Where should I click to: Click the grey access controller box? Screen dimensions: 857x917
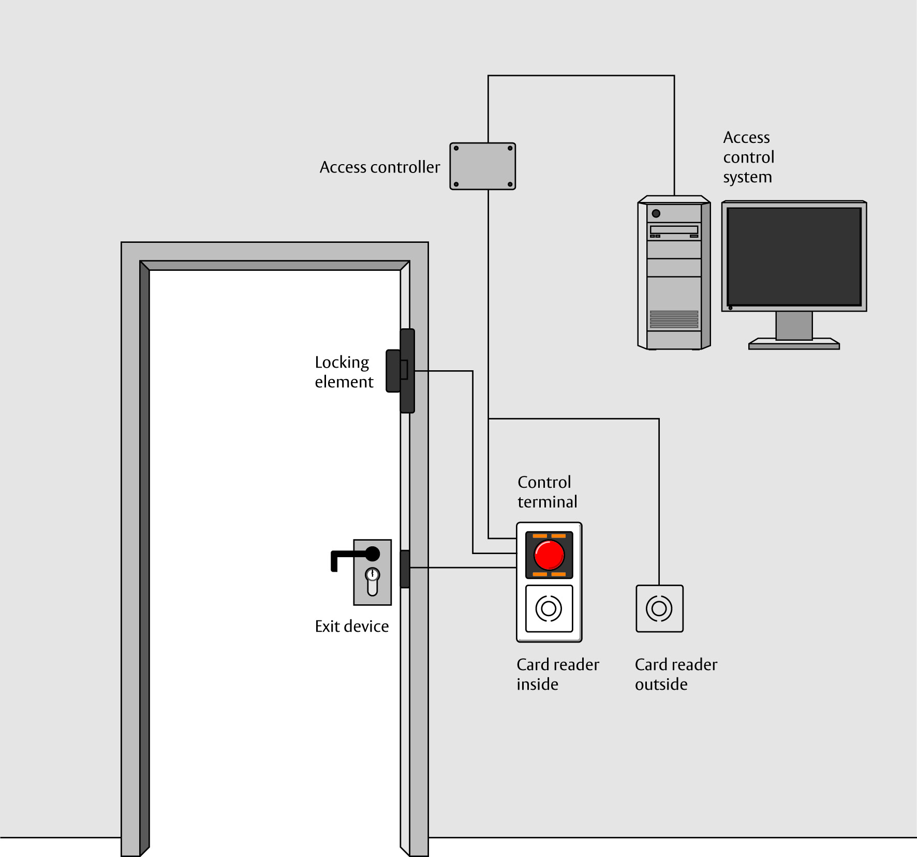(482, 166)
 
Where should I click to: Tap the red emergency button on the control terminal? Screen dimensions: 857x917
(549, 555)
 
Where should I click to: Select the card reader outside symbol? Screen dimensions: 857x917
(659, 608)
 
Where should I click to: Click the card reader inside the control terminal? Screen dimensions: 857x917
(549, 608)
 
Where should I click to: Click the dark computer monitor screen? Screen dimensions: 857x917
(794, 256)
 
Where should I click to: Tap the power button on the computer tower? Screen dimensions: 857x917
(656, 213)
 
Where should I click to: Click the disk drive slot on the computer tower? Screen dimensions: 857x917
(674, 230)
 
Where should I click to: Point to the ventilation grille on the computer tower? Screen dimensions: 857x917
(674, 319)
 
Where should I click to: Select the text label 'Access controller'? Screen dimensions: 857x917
(380, 167)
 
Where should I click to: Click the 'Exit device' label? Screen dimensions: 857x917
(352, 627)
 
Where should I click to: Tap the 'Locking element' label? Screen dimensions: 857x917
(344, 372)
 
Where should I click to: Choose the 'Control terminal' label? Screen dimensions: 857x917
(547, 492)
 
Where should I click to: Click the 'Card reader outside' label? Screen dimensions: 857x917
(676, 674)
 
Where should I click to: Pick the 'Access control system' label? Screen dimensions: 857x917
(748, 157)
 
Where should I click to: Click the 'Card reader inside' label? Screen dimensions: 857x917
(558, 674)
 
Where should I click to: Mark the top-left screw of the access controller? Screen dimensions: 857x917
(456, 149)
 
